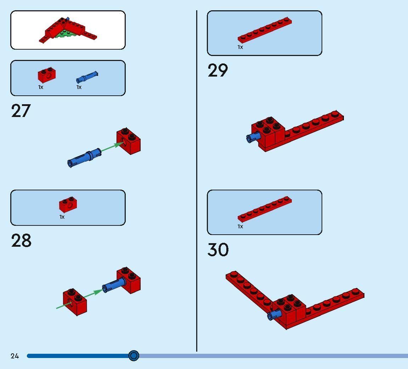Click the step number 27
21,111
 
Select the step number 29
217,70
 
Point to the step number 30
218,250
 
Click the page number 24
15,356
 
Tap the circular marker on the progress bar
134,356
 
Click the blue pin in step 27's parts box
87,77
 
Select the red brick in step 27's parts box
47,75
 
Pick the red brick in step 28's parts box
68,205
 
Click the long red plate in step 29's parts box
264,30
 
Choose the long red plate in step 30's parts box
264,209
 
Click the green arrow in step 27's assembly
112,146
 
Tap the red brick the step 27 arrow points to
129,141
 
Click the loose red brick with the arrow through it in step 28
75,302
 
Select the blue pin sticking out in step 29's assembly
253,137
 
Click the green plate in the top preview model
65,34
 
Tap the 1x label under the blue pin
79,87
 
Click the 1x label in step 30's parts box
240,227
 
